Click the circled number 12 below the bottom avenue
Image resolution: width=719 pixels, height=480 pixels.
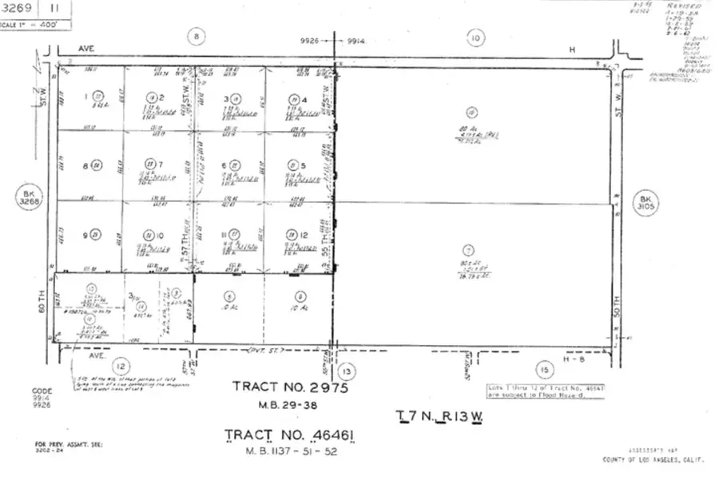(x=120, y=364)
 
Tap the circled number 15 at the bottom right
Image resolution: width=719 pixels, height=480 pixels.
(x=545, y=370)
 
